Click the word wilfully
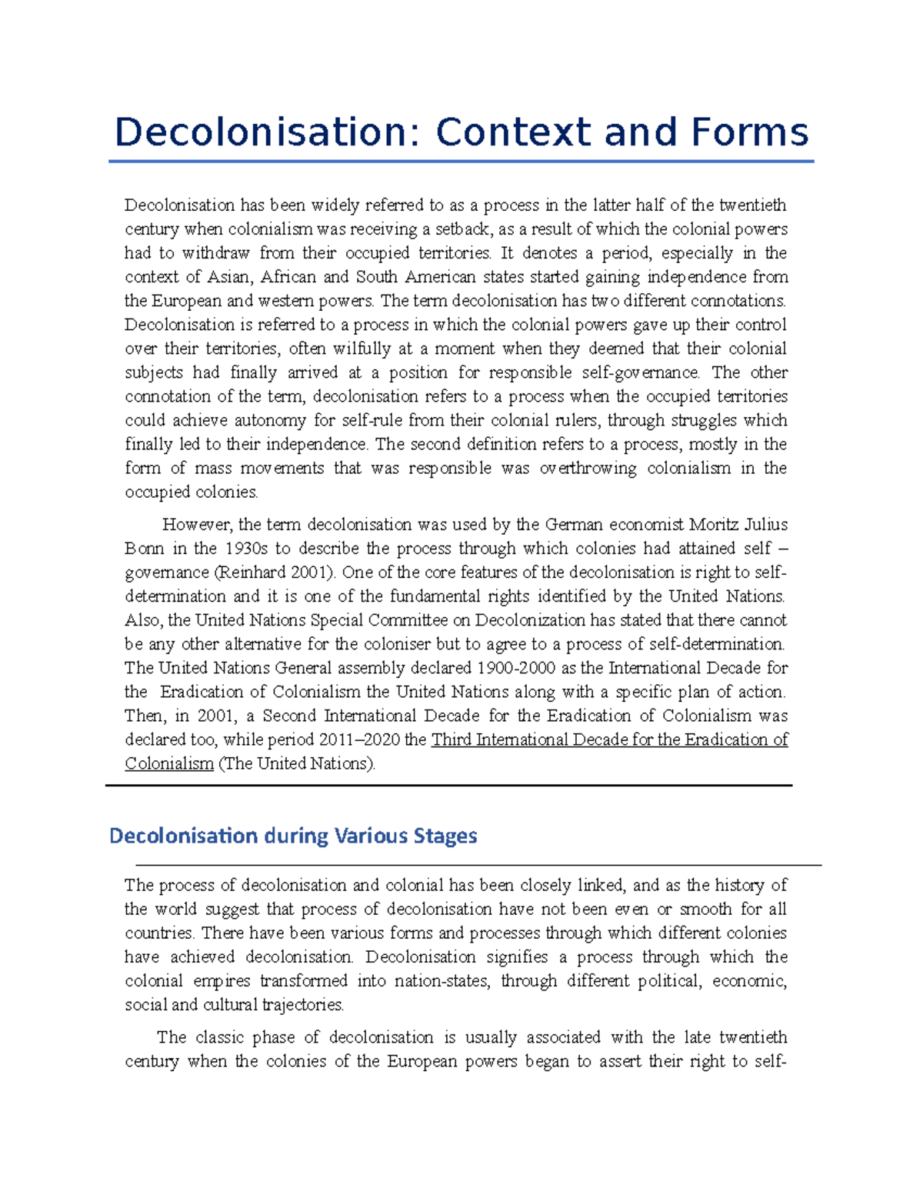click(352, 349)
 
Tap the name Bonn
click(144, 549)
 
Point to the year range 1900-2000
click(516, 668)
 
